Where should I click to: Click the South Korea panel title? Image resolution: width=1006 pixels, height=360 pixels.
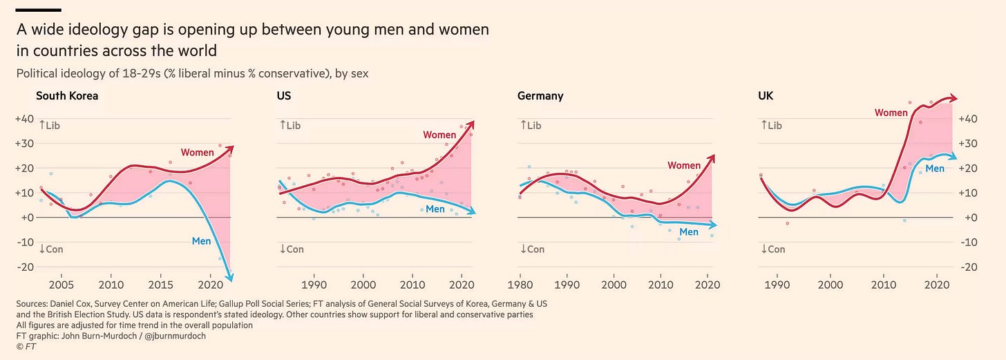coord(67,96)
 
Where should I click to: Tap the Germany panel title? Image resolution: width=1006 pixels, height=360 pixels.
coord(540,96)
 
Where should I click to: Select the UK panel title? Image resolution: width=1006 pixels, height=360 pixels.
coord(766,96)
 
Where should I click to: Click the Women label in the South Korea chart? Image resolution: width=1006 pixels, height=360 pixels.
coord(198,152)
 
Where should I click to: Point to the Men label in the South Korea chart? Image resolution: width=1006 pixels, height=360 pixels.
coord(201,241)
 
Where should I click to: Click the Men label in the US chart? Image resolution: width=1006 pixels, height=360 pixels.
coord(435,209)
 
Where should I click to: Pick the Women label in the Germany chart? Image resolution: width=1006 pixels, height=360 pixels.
coord(684,165)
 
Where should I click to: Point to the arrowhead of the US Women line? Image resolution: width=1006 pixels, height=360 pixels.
coord(471,124)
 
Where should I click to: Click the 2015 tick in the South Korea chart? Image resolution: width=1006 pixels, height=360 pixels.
coord(160,284)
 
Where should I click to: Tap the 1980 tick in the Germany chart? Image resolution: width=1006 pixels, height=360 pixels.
coord(520,284)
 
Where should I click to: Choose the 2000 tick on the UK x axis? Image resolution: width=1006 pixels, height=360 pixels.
coord(830,284)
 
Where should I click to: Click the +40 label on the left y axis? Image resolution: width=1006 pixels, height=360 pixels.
coord(23,119)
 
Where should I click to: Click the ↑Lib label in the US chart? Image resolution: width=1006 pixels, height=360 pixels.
coord(290,125)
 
